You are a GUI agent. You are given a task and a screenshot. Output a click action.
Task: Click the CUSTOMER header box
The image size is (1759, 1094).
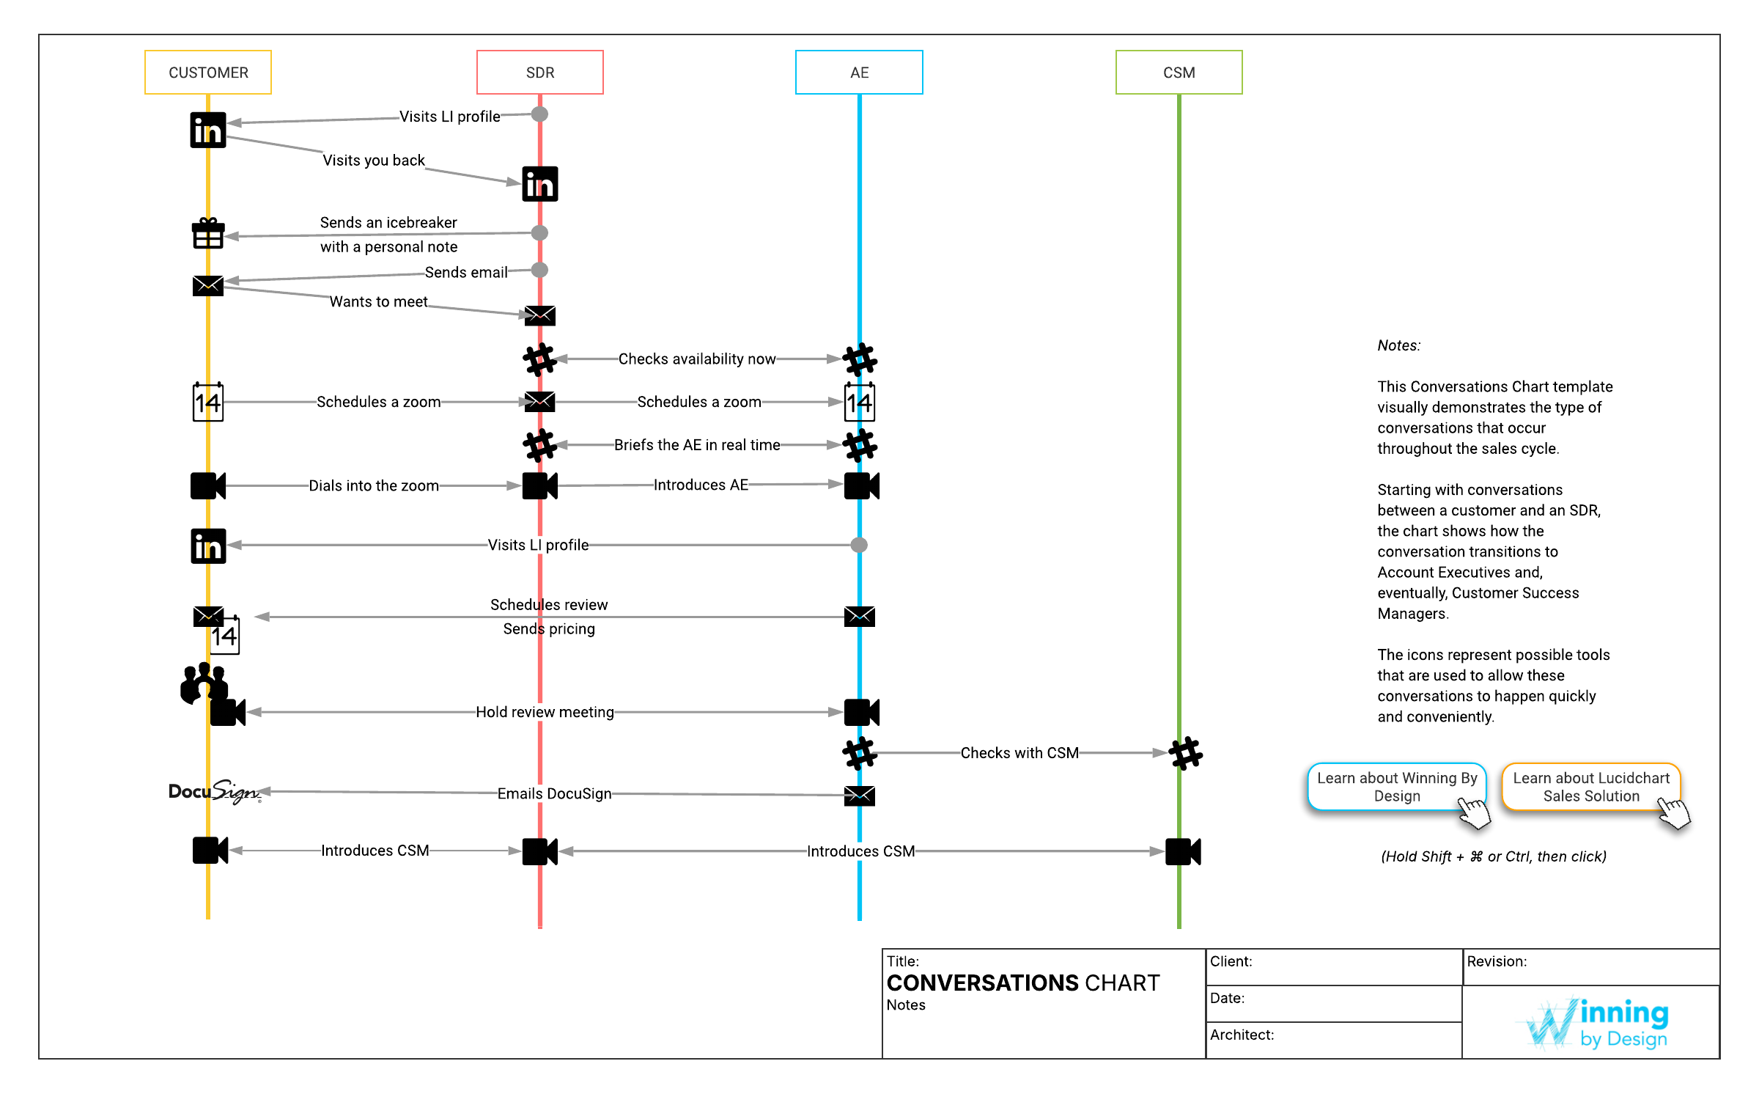click(208, 72)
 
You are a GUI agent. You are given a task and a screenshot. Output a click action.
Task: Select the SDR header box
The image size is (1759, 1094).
click(540, 72)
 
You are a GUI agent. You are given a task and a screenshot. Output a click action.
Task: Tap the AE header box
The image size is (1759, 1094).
click(859, 72)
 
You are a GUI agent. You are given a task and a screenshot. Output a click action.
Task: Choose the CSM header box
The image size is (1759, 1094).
click(1179, 72)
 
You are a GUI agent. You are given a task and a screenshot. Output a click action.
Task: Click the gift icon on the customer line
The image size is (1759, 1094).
click(208, 234)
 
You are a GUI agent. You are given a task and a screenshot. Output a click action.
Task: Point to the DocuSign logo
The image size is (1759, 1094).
click(215, 792)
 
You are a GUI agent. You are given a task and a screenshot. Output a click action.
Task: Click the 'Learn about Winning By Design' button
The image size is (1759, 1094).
click(1397, 787)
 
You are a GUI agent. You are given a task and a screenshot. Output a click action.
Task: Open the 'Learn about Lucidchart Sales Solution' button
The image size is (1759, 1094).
click(1591, 787)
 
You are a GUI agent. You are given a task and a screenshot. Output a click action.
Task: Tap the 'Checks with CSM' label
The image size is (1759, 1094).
click(1019, 753)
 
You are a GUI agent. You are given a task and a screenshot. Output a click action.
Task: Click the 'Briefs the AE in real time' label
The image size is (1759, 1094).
click(697, 445)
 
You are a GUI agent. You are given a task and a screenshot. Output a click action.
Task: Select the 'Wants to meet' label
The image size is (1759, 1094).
click(378, 301)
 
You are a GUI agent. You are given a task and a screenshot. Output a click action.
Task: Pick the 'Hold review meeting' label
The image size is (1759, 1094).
click(545, 712)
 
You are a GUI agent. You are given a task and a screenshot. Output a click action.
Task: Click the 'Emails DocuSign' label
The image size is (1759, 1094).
click(554, 793)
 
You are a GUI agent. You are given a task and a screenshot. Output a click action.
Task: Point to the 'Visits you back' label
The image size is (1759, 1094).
click(374, 160)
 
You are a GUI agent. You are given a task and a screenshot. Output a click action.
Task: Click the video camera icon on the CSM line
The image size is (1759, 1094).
click(1183, 851)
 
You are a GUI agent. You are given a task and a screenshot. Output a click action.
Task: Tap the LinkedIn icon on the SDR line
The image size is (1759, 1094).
click(540, 184)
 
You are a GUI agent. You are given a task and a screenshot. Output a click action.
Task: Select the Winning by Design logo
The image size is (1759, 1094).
click(1596, 1024)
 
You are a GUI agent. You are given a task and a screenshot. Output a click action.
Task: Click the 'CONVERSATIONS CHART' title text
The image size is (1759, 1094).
click(1023, 983)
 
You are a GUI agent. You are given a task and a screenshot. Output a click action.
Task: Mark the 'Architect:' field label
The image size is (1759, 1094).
click(1242, 1035)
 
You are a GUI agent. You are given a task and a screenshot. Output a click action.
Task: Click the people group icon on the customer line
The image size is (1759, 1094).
click(202, 682)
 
